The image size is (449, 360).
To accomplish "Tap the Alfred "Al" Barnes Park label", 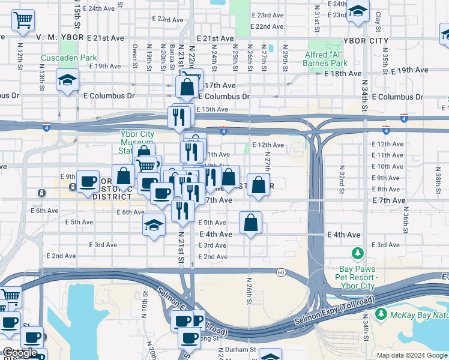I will tap(327, 58).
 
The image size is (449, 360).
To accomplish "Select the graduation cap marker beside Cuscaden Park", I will tap(67, 80).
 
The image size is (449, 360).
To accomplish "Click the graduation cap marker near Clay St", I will tap(358, 11).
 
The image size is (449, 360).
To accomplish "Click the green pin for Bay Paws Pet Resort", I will tap(358, 254).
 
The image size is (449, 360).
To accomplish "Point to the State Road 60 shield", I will tap(280, 273).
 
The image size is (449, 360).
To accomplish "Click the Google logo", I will tap(20, 353).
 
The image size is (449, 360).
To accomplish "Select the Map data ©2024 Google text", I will tap(411, 355).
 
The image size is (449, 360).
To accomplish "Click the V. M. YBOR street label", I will tap(59, 37).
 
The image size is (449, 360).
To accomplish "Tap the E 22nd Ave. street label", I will tap(268, 26).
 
